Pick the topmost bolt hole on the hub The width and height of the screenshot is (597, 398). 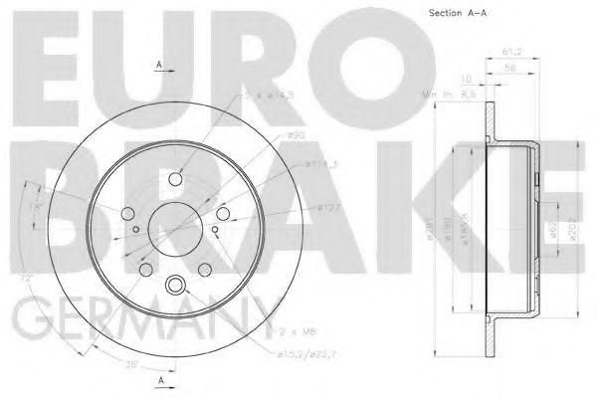[177, 179]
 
